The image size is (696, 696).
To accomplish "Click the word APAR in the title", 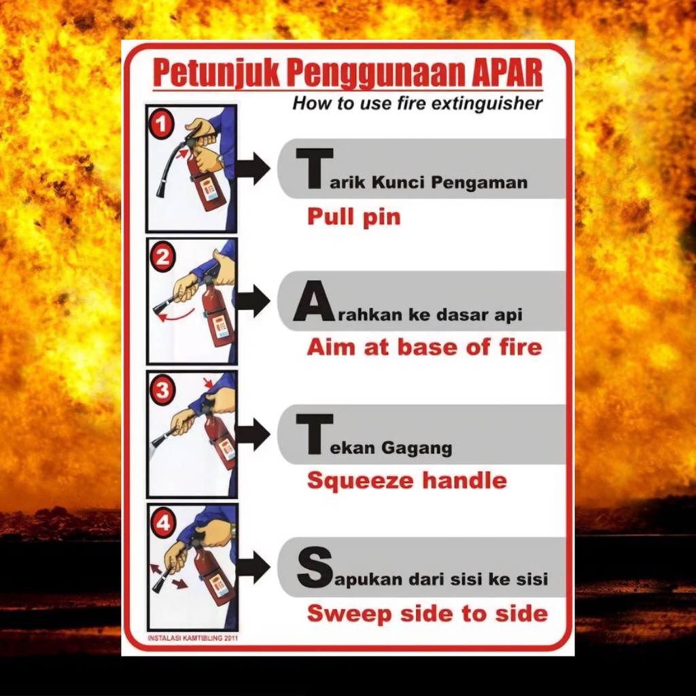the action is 507,73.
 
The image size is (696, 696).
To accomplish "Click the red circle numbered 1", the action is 162,124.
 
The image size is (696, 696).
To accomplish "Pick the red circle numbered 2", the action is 162,258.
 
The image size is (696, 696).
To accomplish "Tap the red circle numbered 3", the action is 162,391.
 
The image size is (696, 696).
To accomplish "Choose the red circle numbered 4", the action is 163,523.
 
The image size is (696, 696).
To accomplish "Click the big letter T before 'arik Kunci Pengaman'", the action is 315,169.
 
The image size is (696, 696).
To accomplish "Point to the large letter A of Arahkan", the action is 314,301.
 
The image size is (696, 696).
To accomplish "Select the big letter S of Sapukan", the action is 315,568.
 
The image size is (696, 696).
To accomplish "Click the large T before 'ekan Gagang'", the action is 315,434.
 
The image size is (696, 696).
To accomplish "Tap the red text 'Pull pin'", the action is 353,217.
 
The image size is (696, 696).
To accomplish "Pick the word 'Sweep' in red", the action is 349,614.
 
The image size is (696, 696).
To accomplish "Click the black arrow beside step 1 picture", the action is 253,169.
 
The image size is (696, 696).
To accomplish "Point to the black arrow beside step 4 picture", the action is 253,568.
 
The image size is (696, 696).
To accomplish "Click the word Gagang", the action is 417,449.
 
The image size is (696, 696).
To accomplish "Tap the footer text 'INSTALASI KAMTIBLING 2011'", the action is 192,638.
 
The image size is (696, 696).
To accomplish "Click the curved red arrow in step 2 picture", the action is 177,315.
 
